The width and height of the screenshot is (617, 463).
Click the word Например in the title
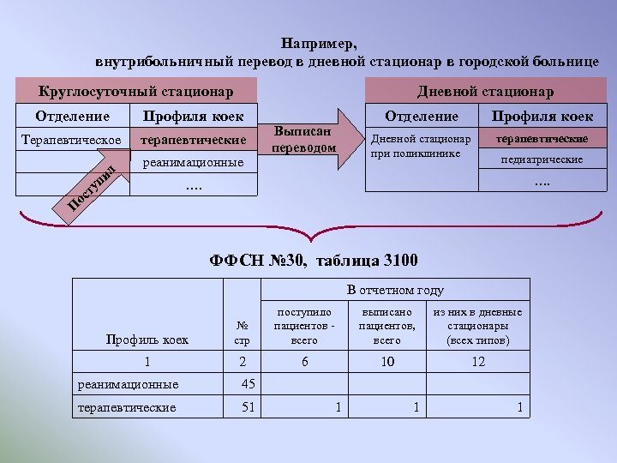(x=319, y=44)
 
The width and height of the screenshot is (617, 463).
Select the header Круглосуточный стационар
(x=136, y=91)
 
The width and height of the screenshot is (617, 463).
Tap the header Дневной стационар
(x=485, y=91)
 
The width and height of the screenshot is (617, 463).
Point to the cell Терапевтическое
(x=71, y=139)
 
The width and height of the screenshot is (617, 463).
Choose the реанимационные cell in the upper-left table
(x=194, y=162)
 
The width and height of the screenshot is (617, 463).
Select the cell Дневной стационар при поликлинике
(x=420, y=146)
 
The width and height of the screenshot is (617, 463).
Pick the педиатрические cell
(x=542, y=159)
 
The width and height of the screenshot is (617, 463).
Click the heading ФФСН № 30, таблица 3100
(x=314, y=260)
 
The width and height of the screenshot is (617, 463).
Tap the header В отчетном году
(x=395, y=290)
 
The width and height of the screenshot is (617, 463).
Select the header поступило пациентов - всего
(x=304, y=326)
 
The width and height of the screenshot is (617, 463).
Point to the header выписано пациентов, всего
(x=387, y=326)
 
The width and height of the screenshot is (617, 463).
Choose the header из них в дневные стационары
(x=478, y=326)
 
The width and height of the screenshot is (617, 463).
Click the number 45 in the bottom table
(x=249, y=383)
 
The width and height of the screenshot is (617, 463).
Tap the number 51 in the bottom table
(x=249, y=406)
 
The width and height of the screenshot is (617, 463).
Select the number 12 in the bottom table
(x=478, y=362)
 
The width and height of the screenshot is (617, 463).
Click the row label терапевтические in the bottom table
(x=127, y=407)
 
